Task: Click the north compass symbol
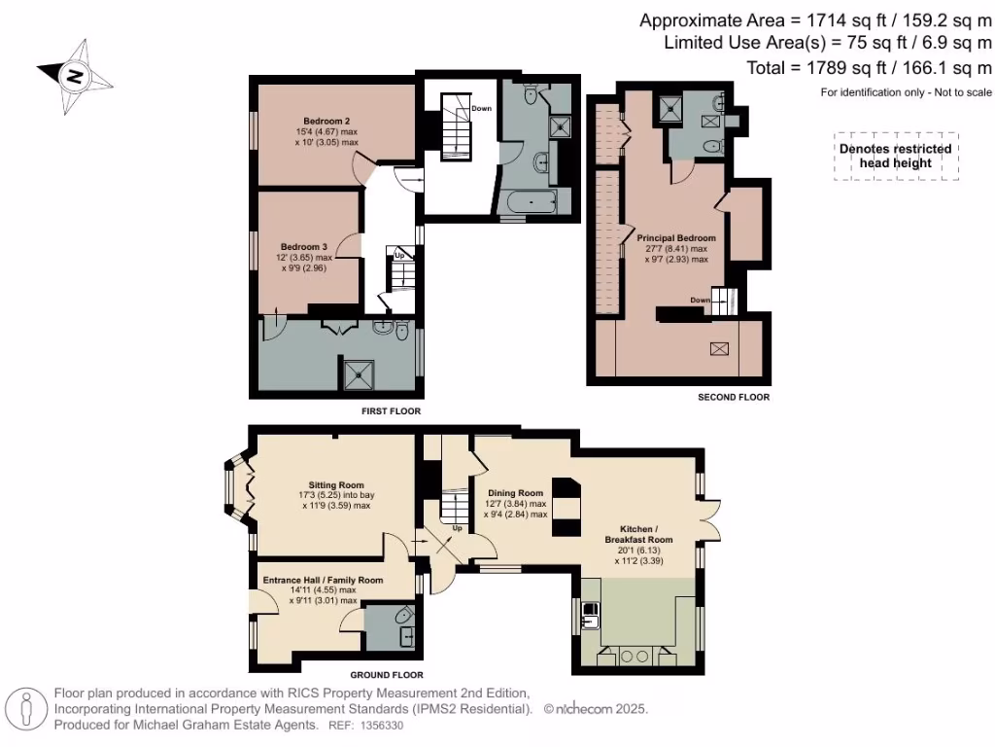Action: (72, 72)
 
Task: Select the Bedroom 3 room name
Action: (303, 247)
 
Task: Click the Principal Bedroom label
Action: (676, 238)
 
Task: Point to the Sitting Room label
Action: (336, 484)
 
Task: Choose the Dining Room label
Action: (515, 493)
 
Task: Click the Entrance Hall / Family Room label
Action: (323, 580)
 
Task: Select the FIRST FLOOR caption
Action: (391, 411)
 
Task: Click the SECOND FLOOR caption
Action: (734, 397)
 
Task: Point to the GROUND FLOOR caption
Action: (386, 674)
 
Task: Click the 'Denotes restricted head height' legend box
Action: (896, 156)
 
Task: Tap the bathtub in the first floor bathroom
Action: (531, 204)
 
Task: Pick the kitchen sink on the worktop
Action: (591, 614)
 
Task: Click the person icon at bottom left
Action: (28, 709)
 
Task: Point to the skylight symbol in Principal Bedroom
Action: (720, 349)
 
